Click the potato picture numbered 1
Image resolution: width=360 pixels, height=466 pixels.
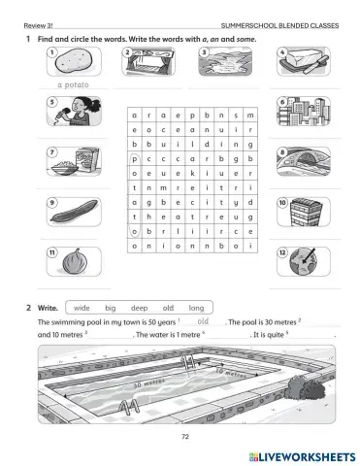74,64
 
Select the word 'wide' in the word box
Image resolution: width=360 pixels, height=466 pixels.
82,307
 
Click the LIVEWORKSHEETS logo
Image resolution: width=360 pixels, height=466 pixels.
295,454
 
